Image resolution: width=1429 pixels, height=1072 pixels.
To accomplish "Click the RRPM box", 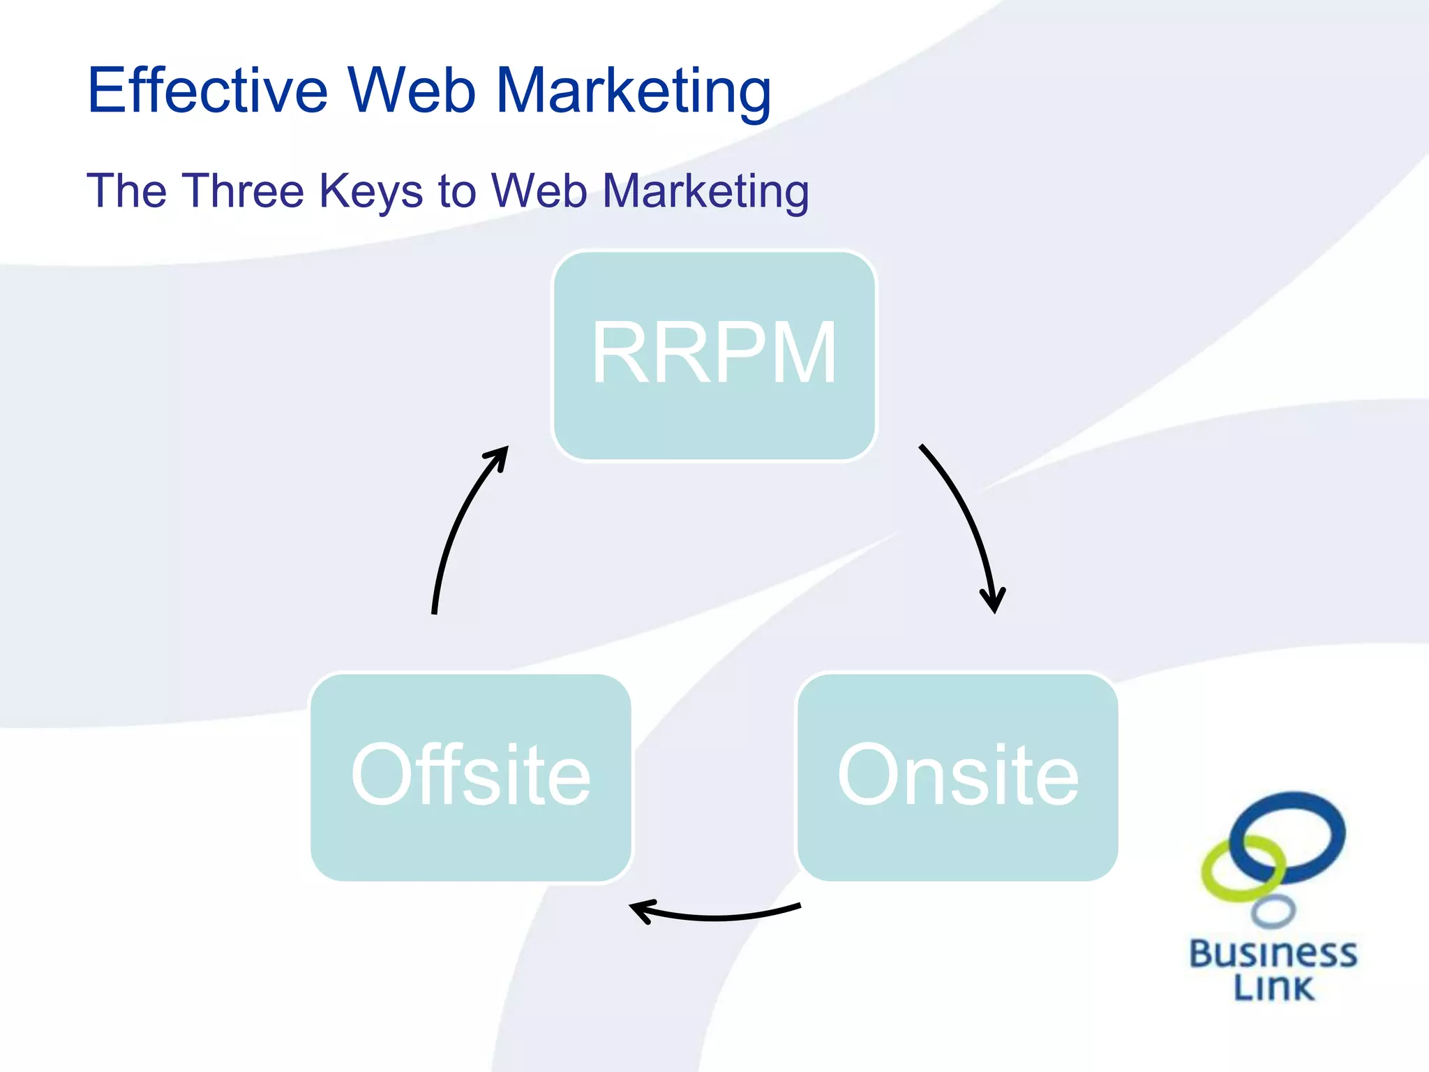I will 714,356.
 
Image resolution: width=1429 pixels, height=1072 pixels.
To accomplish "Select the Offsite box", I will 471,777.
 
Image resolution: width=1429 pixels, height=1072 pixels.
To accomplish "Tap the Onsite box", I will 957,777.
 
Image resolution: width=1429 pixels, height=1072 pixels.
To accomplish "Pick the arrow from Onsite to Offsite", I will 719,916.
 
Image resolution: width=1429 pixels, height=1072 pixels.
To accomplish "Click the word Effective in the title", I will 207,91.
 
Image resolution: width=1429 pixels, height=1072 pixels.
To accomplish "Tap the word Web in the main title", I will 412,91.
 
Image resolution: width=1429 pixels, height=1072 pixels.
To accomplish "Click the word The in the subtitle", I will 126,191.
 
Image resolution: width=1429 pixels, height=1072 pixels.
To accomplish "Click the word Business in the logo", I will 1273,954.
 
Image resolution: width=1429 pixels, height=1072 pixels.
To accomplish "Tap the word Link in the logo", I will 1273,987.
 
